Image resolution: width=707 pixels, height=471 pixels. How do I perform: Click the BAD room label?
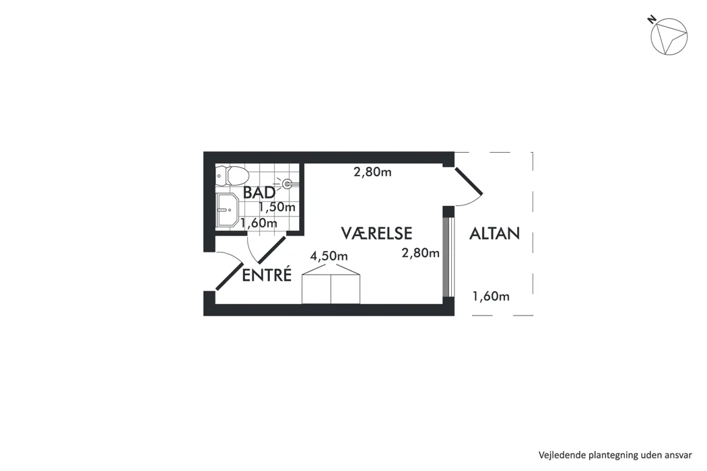tap(259, 192)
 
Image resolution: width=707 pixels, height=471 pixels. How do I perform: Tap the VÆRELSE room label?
tap(376, 233)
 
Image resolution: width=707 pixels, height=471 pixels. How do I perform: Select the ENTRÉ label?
tap(267, 275)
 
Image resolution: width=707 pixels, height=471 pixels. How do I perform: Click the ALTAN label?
tap(495, 233)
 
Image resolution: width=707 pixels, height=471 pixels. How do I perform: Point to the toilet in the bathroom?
tap(232, 175)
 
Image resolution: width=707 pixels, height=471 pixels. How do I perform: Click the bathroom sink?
tap(228, 210)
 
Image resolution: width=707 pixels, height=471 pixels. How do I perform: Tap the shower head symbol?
tap(287, 184)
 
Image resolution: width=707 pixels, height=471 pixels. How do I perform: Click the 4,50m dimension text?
tap(329, 256)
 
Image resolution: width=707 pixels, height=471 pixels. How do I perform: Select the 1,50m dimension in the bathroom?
tap(277, 207)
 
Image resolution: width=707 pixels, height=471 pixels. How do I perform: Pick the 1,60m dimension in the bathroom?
tap(259, 223)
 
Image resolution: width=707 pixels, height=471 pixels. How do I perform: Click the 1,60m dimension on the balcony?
tap(491, 296)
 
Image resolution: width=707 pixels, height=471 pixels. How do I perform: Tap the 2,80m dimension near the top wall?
tap(372, 172)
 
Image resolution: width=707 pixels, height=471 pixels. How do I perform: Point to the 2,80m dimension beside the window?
tap(421, 253)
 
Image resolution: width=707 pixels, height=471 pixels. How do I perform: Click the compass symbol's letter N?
tap(651, 20)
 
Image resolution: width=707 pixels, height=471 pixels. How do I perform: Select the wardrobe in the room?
tap(331, 283)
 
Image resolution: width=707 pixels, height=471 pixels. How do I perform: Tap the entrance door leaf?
tap(230, 276)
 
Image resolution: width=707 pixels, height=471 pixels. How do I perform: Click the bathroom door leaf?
tap(271, 249)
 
